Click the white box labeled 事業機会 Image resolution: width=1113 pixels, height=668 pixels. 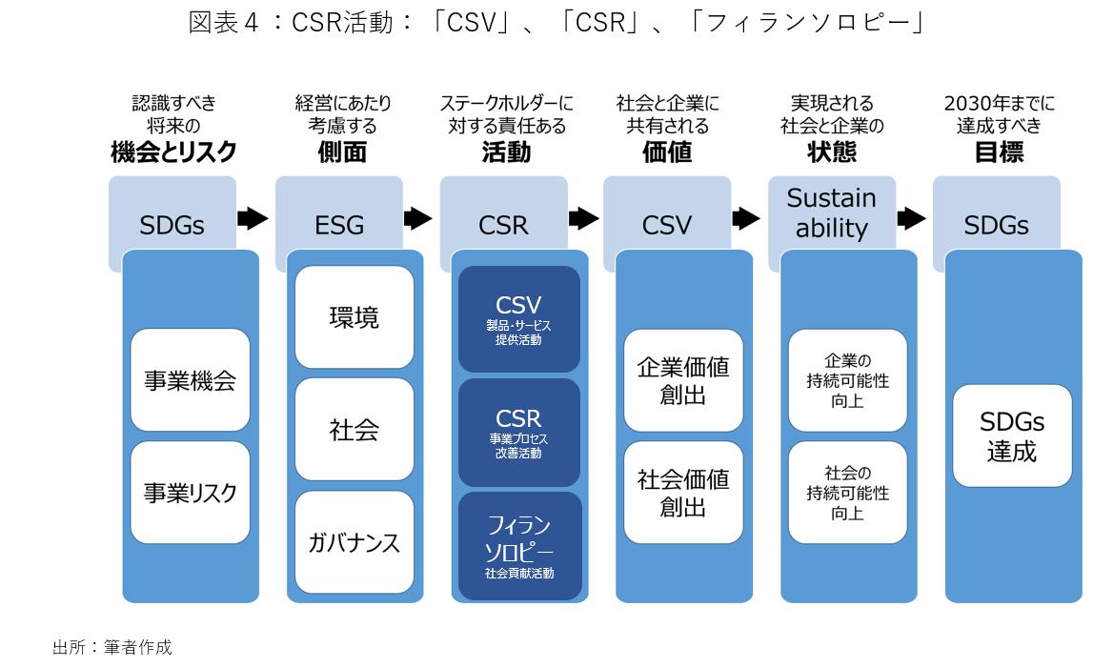191,380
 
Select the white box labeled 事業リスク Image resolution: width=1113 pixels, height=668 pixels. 191,493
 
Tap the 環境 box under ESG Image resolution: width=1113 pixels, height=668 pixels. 354,316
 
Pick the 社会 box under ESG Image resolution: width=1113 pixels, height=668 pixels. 354,430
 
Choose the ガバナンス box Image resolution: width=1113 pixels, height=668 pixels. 354,542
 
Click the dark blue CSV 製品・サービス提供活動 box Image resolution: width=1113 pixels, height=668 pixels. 519,319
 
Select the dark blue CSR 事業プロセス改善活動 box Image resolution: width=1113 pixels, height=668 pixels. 519,433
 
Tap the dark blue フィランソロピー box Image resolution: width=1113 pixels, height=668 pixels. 519,546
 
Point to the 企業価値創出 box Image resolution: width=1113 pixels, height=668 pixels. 683,380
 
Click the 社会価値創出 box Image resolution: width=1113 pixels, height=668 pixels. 683,493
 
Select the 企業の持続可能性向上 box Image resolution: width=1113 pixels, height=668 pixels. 847,380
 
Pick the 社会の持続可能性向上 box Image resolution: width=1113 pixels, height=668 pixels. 847,493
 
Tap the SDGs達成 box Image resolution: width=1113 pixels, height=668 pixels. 1012,435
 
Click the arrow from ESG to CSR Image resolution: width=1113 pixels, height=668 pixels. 418,218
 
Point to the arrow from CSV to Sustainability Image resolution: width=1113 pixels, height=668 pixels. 746,218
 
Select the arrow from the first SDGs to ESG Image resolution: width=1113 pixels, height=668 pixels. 253,218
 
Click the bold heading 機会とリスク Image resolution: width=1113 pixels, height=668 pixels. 173,152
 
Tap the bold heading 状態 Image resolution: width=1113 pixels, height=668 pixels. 832,152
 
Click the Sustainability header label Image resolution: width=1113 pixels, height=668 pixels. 832,213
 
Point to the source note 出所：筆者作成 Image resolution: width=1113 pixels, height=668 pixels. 112,647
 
